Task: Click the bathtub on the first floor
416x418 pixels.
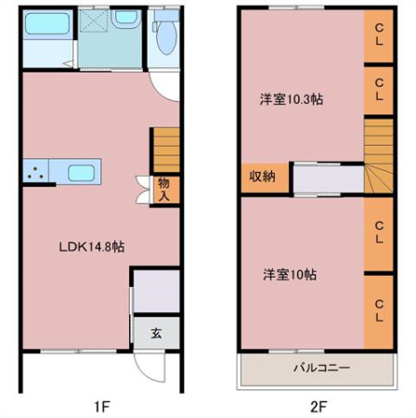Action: click(47, 24)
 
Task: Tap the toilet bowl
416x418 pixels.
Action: click(166, 37)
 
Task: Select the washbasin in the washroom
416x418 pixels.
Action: click(125, 19)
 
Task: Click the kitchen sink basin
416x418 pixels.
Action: click(81, 173)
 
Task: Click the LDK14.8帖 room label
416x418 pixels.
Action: click(92, 247)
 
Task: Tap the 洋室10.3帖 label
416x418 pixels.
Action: click(292, 99)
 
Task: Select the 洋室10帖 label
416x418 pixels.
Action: click(290, 274)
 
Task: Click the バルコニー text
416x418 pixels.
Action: click(322, 368)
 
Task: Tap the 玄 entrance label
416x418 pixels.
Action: click(156, 333)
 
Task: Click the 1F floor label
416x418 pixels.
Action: click(102, 406)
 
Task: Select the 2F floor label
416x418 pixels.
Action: click(318, 406)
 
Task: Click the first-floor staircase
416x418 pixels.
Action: click(167, 150)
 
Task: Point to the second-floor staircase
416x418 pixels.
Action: click(379, 155)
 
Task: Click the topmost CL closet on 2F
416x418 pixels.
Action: click(379, 35)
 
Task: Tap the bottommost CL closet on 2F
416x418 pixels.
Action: click(379, 312)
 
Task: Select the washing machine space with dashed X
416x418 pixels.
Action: click(94, 21)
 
